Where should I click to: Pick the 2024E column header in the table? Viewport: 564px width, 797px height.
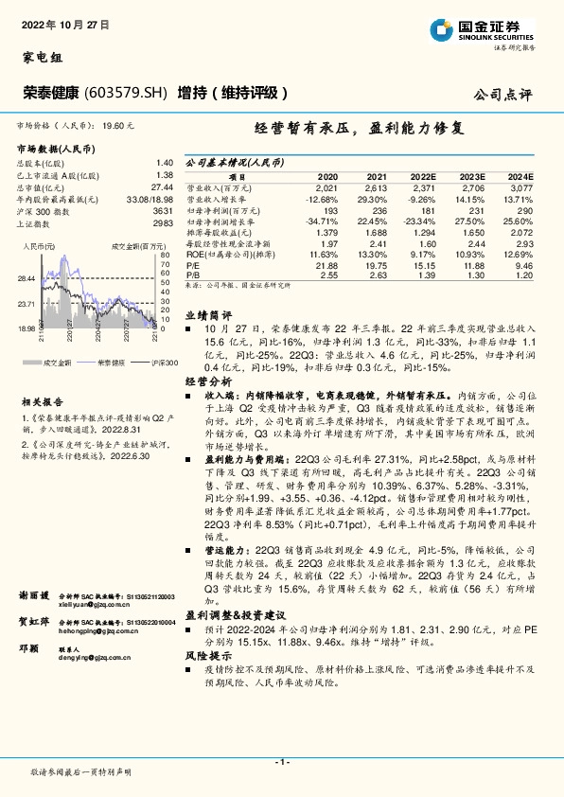(520, 177)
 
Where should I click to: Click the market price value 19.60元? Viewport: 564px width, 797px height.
(119, 124)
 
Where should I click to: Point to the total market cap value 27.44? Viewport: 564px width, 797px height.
(162, 189)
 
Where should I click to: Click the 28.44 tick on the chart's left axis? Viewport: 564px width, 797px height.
(26, 279)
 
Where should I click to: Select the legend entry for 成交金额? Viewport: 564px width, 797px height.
(54, 361)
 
